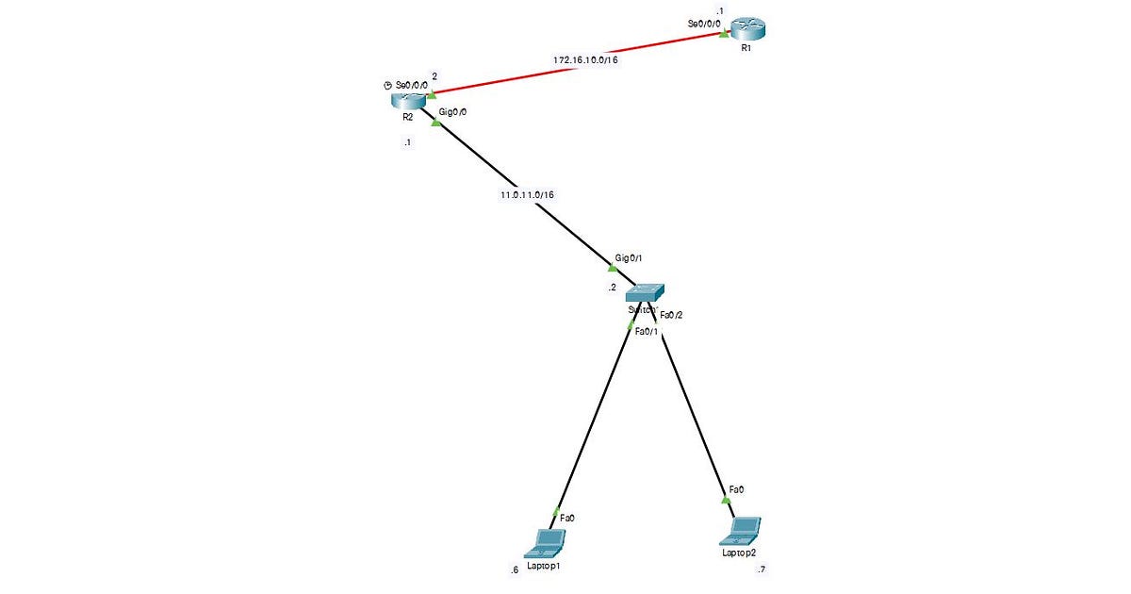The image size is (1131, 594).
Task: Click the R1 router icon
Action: pyautogui.click(x=752, y=30)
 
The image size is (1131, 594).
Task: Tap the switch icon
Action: pyautogui.click(x=645, y=292)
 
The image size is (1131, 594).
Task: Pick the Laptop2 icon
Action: pyautogui.click(x=741, y=531)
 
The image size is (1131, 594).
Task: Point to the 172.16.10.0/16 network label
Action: pyautogui.click(x=591, y=59)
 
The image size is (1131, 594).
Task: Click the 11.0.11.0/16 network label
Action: pyautogui.click(x=527, y=195)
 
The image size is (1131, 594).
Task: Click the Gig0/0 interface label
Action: pyautogui.click(x=453, y=111)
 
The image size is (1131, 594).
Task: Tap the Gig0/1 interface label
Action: pyautogui.click(x=629, y=257)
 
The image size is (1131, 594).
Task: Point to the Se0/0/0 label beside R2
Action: pyautogui.click(x=412, y=85)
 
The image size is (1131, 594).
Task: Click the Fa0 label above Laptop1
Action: pyautogui.click(x=567, y=518)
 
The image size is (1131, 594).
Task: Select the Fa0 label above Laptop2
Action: pyautogui.click(x=735, y=489)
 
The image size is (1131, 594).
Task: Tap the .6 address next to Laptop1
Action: pyautogui.click(x=513, y=569)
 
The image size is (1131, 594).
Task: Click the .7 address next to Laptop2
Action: pyautogui.click(x=760, y=569)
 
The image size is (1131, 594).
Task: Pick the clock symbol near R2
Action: pyautogui.click(x=387, y=85)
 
